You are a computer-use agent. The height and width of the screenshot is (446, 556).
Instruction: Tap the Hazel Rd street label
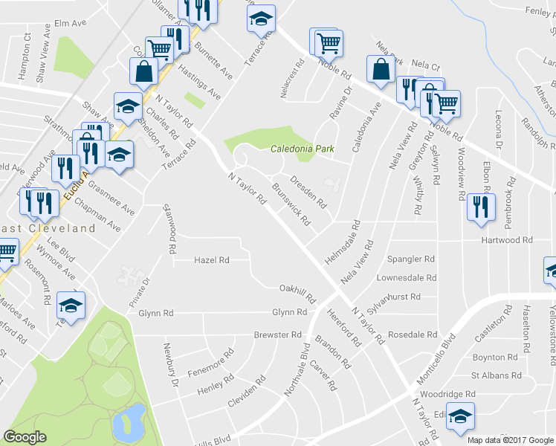tap(211, 260)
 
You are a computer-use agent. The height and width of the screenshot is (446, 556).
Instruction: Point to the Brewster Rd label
tap(277, 335)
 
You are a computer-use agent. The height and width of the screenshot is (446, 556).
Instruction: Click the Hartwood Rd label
tap(508, 240)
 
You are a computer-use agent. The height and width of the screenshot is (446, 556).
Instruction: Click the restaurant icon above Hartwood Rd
tap(481, 206)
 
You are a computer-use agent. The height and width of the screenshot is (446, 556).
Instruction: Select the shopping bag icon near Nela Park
tap(380, 70)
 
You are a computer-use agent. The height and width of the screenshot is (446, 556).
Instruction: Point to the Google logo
tap(25, 437)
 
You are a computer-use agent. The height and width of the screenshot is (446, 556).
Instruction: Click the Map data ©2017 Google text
tap(511, 440)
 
